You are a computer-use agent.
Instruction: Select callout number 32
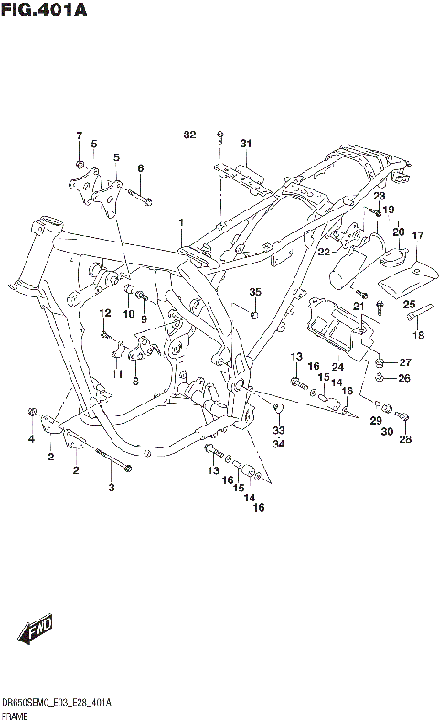tap(189, 135)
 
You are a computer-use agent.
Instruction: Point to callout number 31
tap(245, 143)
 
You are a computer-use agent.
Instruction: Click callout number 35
tap(255, 292)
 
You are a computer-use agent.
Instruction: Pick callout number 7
tap(80, 135)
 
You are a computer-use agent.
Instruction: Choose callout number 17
tap(417, 236)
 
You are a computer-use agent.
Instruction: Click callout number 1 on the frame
tap(181, 222)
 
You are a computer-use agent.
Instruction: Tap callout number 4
tap(30, 440)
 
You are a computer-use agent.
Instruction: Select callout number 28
tap(405, 439)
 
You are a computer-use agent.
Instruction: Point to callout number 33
tap(278, 430)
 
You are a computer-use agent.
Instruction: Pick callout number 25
tap(410, 305)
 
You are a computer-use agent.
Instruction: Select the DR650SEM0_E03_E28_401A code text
tap(57, 702)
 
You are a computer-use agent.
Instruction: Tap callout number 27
tap(405, 362)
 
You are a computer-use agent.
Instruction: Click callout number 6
tap(141, 168)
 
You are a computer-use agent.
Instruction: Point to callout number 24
tap(337, 367)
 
